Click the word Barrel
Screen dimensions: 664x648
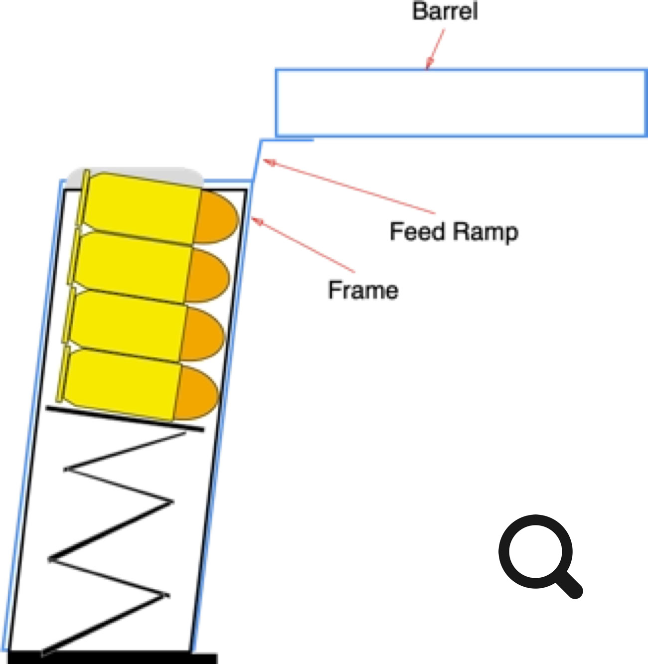445,11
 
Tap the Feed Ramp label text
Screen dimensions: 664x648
454,232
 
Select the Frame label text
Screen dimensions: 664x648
363,290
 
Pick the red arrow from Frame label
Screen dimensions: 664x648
304,245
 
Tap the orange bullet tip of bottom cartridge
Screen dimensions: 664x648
197,393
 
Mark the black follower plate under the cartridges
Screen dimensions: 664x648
125,418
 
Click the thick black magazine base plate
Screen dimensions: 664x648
113,658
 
